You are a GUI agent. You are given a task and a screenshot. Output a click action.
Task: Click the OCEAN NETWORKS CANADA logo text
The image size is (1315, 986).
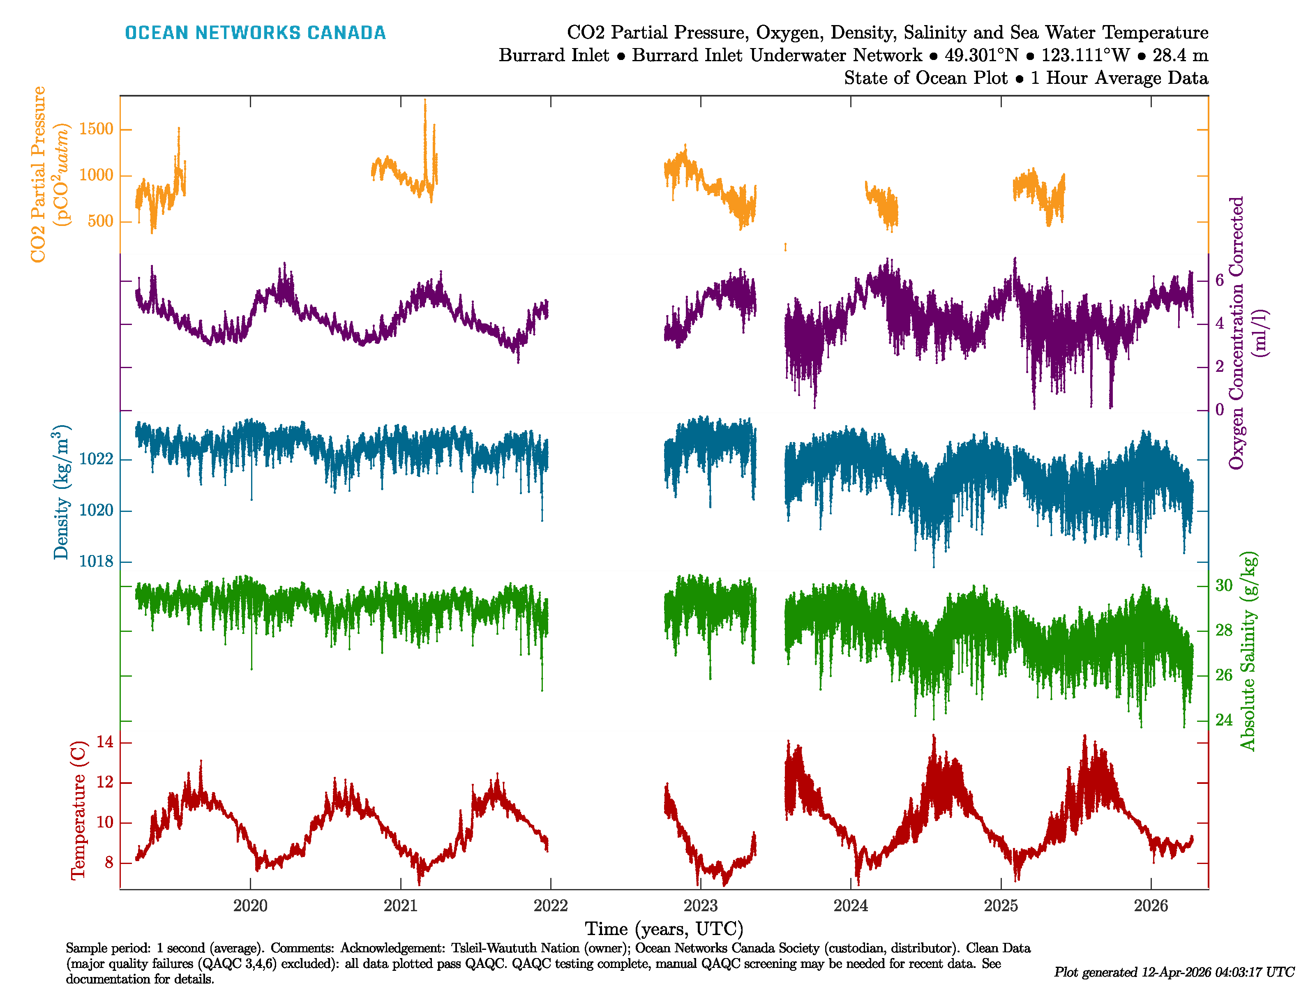[255, 33]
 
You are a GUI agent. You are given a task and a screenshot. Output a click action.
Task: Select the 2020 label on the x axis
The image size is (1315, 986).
[250, 906]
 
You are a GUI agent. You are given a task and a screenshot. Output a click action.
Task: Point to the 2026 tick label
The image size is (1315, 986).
[1151, 906]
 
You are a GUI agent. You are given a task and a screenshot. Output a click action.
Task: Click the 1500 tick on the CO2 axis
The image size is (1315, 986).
[96, 129]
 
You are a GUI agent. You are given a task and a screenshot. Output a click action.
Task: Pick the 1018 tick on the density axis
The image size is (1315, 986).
[96, 562]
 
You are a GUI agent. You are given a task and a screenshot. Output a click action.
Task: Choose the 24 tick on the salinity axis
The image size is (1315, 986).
[1223, 720]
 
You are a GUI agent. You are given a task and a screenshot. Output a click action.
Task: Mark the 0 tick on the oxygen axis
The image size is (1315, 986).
[1219, 410]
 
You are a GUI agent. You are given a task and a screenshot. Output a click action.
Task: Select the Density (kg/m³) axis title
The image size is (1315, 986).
[61, 492]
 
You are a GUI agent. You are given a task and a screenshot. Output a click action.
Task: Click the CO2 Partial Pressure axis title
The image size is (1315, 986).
[38, 174]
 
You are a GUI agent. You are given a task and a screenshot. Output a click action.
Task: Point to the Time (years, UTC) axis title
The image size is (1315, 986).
[664, 928]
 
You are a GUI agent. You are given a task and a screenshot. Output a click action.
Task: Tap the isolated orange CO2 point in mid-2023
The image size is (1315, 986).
[785, 246]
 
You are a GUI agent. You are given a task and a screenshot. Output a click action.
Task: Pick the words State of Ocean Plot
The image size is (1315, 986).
[925, 78]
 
